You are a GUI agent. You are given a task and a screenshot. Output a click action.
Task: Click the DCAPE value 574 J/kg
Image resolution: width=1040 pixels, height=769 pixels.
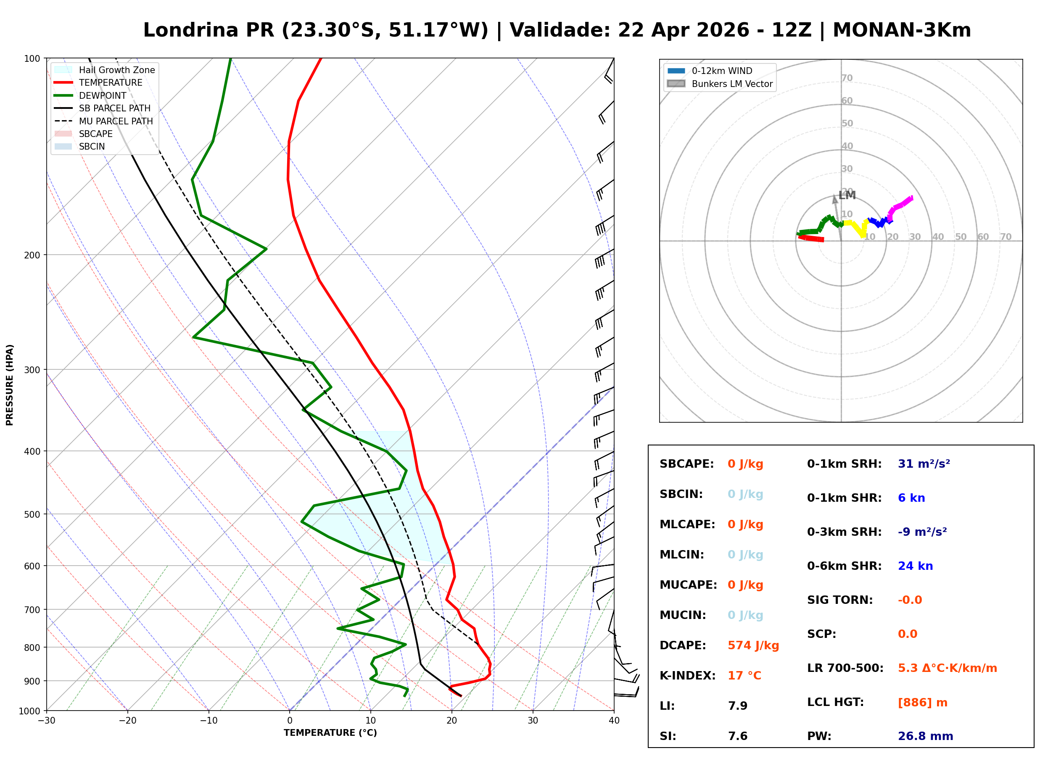coord(753,645)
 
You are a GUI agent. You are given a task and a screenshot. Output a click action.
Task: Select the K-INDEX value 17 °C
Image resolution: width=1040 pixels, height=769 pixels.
coord(744,675)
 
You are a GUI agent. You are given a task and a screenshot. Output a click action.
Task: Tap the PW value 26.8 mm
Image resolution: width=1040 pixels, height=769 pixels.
coord(925,736)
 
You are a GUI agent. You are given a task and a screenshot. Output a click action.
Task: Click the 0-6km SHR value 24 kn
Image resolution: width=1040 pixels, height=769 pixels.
coord(915,566)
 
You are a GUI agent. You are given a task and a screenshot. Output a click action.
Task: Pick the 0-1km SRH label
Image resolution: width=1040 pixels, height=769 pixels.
coord(844,464)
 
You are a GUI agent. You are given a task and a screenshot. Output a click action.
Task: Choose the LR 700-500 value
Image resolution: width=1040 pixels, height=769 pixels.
coord(947,668)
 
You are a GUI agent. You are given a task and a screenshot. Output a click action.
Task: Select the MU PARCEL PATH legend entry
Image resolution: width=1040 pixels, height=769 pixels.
coord(116,121)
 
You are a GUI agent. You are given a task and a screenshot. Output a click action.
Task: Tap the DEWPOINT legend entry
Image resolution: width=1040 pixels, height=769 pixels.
coord(103,95)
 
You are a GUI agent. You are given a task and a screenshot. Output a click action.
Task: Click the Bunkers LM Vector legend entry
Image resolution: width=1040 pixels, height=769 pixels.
coord(732,84)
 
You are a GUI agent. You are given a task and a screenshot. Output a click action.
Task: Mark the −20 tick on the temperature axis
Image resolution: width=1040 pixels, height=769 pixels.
coord(127,721)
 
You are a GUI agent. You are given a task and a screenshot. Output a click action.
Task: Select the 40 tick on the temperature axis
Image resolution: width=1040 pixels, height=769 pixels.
coord(614,721)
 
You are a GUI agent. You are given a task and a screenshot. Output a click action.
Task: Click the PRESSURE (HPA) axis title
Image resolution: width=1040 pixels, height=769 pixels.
coord(10,384)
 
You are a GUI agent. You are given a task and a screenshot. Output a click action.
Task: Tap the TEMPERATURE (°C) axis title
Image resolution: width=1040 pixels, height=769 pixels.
coord(330,733)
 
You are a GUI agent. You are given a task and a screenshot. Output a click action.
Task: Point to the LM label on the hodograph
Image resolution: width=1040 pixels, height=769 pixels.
coord(847,195)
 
